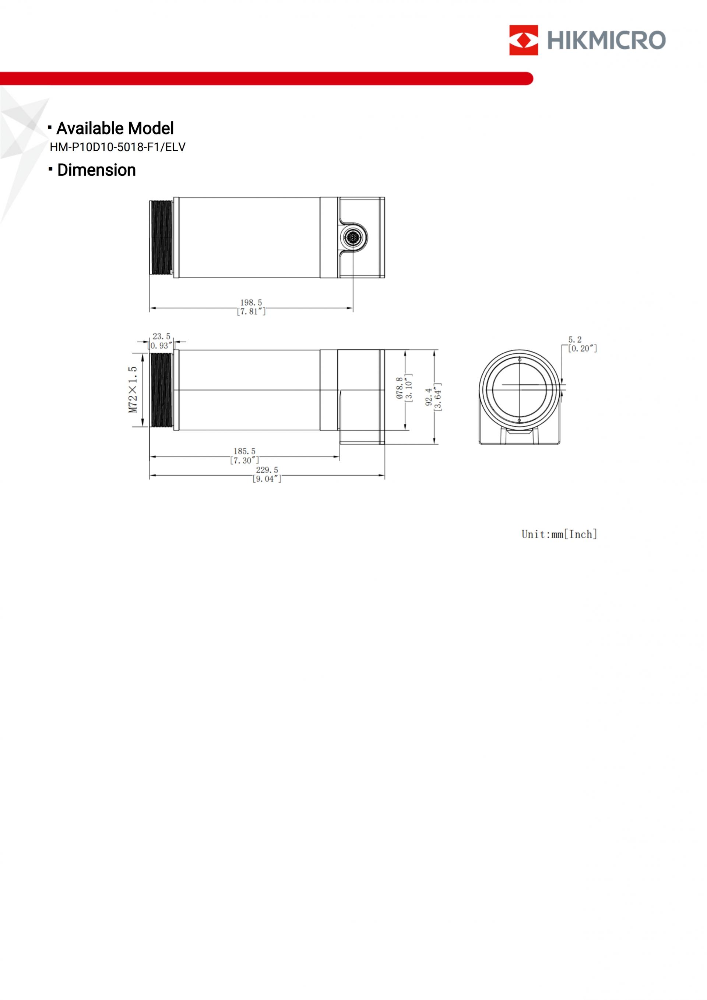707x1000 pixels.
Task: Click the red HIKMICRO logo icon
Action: click(x=523, y=40)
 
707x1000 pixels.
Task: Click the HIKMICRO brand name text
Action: click(x=606, y=40)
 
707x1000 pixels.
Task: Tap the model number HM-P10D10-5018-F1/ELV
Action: click(x=117, y=147)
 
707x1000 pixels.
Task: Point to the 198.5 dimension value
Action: click(x=251, y=302)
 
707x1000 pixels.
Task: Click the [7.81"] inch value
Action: click(x=251, y=311)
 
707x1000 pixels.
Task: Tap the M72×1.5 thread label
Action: click(x=133, y=389)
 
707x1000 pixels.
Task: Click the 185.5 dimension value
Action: click(x=245, y=451)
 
